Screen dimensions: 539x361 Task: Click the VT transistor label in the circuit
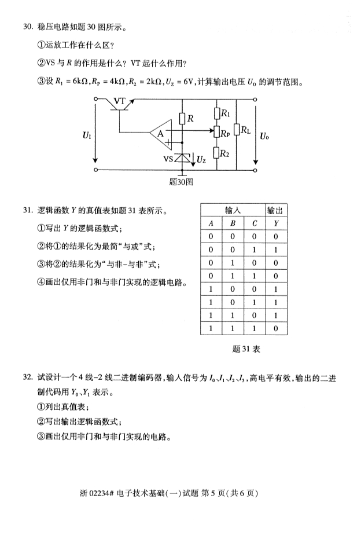point(120,101)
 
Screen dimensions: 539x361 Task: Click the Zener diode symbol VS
point(183,157)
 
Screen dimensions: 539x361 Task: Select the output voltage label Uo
point(264,136)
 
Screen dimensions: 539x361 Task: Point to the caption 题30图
point(181,181)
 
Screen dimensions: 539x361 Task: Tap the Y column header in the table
point(277,223)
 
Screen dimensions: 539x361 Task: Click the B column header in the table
point(233,223)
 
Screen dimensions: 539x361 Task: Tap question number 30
point(28,27)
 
